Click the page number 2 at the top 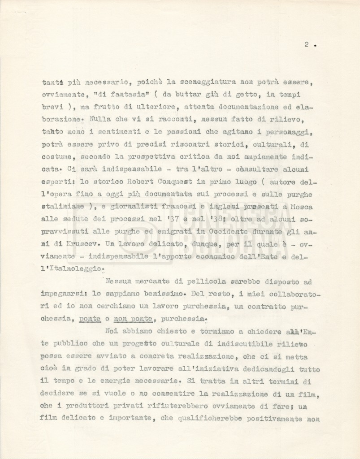[306, 44]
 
